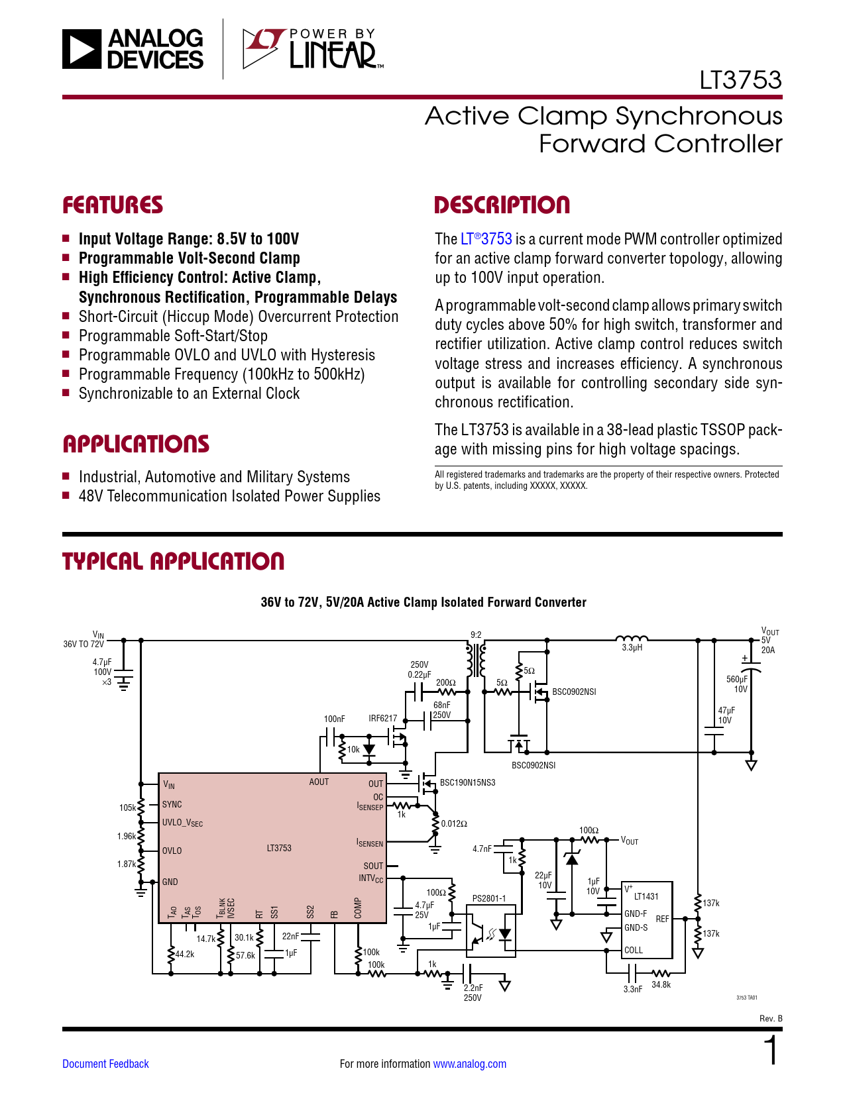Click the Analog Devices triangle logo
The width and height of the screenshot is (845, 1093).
click(x=82, y=49)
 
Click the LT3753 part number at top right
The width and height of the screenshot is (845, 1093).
click(x=740, y=80)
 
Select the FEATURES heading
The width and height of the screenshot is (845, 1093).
click(x=113, y=205)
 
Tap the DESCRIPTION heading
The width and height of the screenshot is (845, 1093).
click(x=502, y=205)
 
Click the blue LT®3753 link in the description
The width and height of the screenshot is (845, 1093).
click(x=486, y=239)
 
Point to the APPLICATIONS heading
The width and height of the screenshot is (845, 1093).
click(x=136, y=444)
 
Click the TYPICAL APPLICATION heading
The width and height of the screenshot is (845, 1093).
click(x=173, y=561)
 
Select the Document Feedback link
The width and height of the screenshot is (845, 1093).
click(x=105, y=1063)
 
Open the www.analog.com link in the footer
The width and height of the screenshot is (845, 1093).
click(x=470, y=1063)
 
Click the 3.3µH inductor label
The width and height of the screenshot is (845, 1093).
click(x=632, y=647)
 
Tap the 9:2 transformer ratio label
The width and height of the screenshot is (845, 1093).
click(x=476, y=635)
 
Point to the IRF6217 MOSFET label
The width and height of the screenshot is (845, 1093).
click(x=382, y=718)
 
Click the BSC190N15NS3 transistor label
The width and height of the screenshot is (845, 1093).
click(x=467, y=782)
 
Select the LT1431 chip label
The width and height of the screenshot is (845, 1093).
click(x=646, y=896)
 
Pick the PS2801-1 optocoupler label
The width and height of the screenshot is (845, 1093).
click(x=489, y=898)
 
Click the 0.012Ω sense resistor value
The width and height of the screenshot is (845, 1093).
click(x=454, y=823)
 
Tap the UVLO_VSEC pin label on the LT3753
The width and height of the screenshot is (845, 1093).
click(x=182, y=823)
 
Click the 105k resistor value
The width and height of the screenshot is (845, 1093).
click(x=127, y=807)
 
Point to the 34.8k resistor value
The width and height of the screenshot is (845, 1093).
click(x=661, y=984)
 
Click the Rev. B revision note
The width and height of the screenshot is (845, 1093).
click(x=771, y=1019)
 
